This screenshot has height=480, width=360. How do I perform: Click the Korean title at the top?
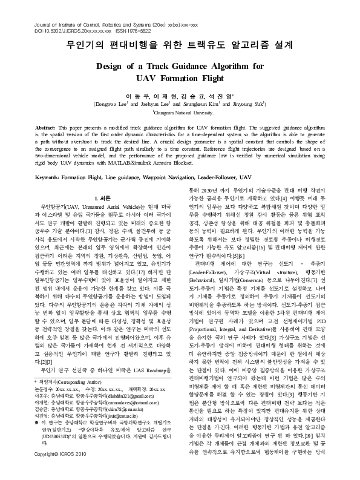[180, 45]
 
